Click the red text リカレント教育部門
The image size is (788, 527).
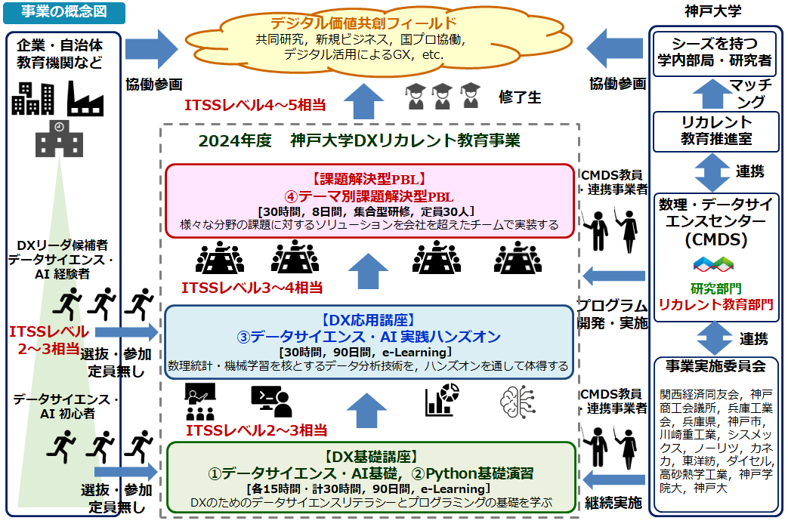[x=715, y=304]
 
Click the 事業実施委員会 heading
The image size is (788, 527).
[x=715, y=366]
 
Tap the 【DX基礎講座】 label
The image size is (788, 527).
[x=370, y=457]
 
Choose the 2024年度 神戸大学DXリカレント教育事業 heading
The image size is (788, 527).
[x=359, y=141]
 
